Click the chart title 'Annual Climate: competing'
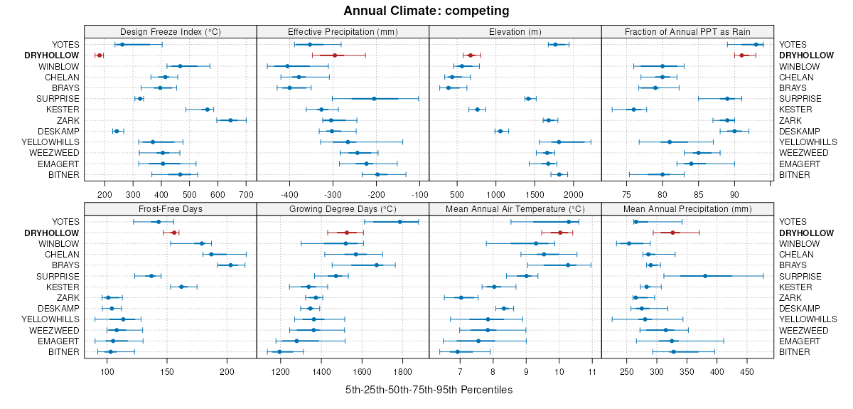(426, 11)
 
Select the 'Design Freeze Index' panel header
(170, 31)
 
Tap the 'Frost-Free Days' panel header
(170, 209)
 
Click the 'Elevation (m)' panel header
(515, 31)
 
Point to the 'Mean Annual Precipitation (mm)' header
(687, 209)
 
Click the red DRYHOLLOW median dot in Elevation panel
(470, 55)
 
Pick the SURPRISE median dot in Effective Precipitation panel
(374, 99)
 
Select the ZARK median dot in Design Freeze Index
(230, 120)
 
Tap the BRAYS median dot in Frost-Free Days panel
(230, 265)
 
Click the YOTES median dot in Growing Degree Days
(399, 222)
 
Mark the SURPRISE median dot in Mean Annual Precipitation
(705, 276)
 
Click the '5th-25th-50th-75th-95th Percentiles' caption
(429, 390)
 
